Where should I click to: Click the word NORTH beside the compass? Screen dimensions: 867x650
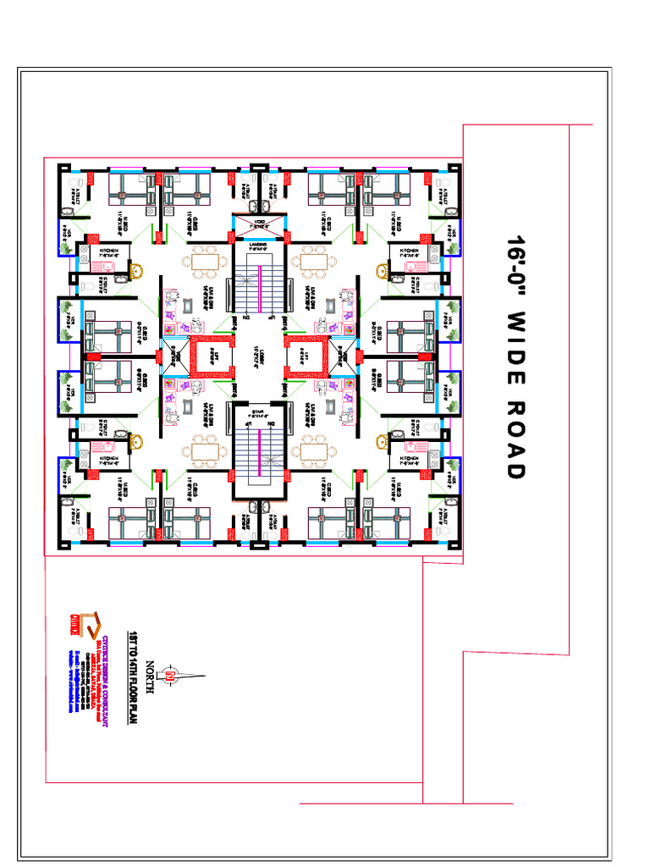click(151, 677)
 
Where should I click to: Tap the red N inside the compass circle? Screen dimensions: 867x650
click(169, 676)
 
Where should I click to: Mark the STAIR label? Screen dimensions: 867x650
click(258, 412)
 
